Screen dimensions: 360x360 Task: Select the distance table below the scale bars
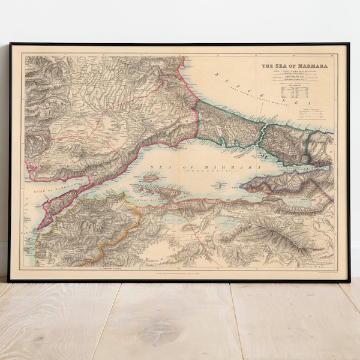(x=295, y=95)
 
